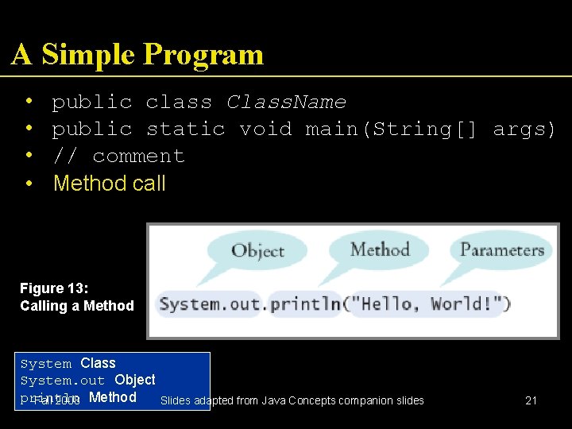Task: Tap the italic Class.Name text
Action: (286, 102)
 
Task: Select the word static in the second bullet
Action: (186, 129)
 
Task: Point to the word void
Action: (266, 129)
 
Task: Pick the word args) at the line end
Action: (524, 129)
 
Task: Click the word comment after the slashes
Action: (138, 156)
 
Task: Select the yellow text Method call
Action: (110, 184)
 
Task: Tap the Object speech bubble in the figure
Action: (257, 251)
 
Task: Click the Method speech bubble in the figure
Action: (380, 249)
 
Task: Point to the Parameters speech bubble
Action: (502, 249)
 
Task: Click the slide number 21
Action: (531, 400)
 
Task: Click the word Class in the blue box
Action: (99, 363)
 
